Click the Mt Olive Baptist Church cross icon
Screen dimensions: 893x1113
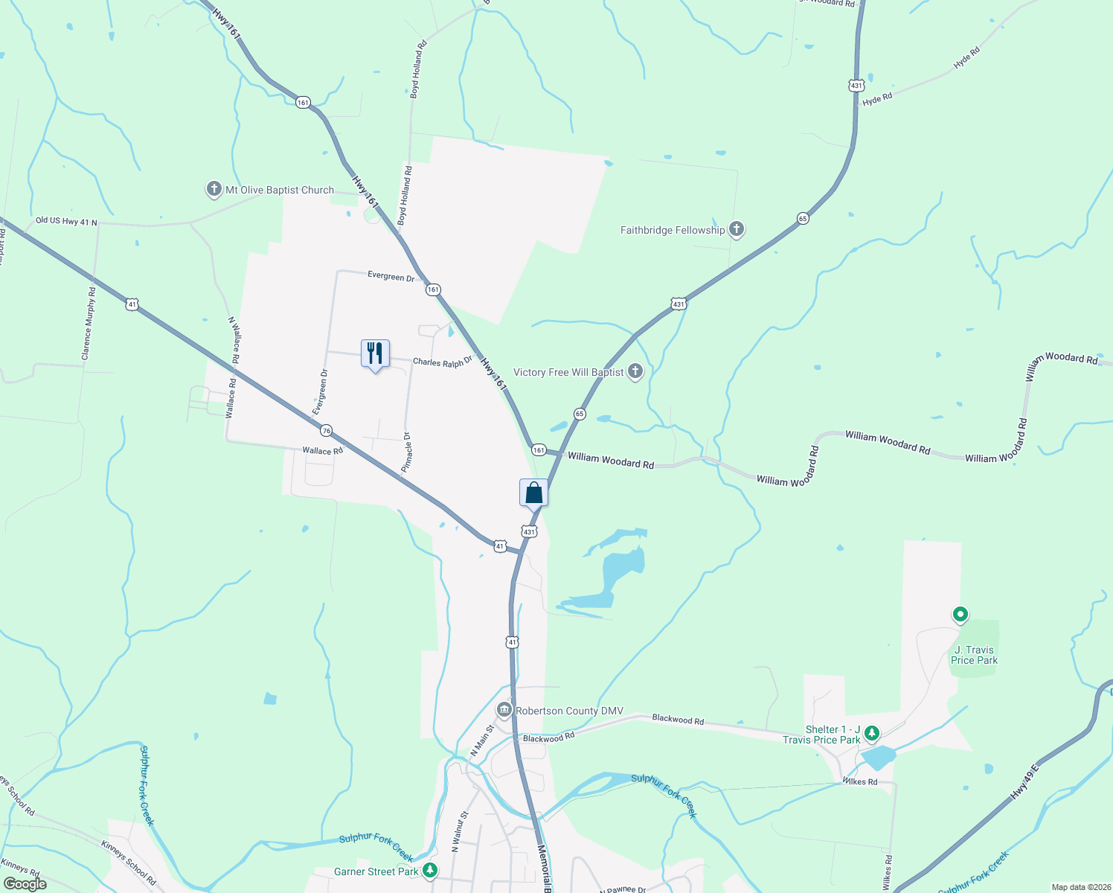click(214, 189)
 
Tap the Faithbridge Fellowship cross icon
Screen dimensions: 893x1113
click(737, 229)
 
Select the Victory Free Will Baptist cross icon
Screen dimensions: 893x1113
click(635, 371)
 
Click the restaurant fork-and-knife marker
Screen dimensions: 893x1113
click(375, 353)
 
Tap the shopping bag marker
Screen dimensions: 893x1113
click(533, 493)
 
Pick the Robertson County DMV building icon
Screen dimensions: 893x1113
click(504, 710)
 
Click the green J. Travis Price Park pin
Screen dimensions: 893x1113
click(960, 615)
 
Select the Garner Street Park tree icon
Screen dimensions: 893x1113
click(429, 871)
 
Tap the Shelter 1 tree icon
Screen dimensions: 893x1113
click(872, 734)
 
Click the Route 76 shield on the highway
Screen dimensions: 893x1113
click(326, 431)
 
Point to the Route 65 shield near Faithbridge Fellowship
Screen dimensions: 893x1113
click(802, 218)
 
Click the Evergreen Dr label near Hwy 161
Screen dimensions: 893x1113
click(391, 277)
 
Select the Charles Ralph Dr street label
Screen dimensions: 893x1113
click(443, 362)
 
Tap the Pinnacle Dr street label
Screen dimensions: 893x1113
click(406, 452)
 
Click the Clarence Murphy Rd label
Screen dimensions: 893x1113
click(89, 324)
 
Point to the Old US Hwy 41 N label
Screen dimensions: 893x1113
click(66, 221)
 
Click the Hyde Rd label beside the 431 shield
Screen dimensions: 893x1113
click(877, 99)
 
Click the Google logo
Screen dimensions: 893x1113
click(25, 884)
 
